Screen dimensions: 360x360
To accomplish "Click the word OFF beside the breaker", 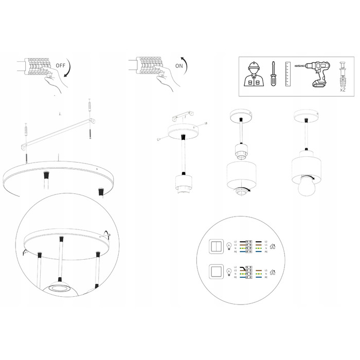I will point(61,66).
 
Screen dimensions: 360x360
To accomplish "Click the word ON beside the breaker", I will point(179,66).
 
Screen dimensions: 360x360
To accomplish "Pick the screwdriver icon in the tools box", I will point(274,74).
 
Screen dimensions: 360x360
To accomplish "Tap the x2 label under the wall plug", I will point(343,89).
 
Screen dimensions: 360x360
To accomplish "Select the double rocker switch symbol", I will point(218,246).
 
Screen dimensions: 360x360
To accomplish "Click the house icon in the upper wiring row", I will point(273,246).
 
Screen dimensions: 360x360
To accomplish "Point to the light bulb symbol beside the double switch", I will point(229,247).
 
